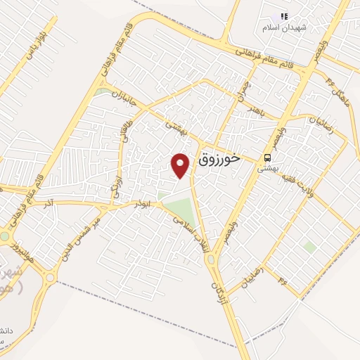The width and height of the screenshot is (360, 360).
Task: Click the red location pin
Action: [x=181, y=165]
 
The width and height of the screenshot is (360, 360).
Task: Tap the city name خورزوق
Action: [x=221, y=160]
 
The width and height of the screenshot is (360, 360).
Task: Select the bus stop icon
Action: [x=267, y=157]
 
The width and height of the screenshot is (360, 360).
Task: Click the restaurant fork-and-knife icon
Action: [x=284, y=15]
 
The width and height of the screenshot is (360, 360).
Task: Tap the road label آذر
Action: [x=48, y=204]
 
